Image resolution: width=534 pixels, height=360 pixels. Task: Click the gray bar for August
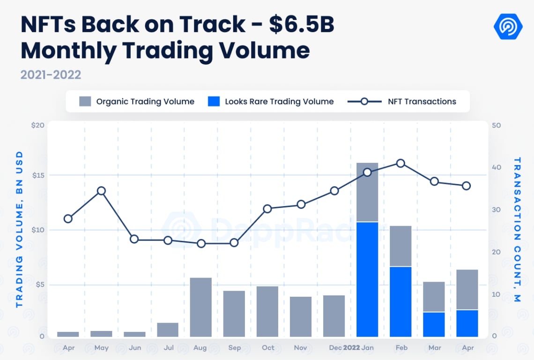tap(201, 307)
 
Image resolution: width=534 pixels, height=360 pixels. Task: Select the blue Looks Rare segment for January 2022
tap(367, 279)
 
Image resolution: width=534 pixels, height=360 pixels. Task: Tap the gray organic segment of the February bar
tap(400, 246)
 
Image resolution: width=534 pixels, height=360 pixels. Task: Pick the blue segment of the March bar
tap(434, 324)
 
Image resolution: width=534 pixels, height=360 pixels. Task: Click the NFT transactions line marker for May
tap(101, 191)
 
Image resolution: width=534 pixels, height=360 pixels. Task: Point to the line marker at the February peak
tap(400, 163)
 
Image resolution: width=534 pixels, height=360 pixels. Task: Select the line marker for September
tap(234, 243)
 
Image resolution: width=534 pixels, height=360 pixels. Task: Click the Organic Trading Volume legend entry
tap(136, 101)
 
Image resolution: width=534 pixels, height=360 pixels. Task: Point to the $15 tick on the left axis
tap(38, 175)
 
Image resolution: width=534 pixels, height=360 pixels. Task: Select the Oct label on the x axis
tap(268, 348)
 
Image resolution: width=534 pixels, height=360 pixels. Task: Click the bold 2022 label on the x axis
tap(351, 348)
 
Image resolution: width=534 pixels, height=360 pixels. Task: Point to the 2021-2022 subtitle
tap(51, 75)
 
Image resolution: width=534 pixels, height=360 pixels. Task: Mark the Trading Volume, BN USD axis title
tap(19, 229)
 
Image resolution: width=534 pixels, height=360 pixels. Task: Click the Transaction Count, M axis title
tap(517, 229)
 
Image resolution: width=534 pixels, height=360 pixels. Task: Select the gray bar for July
tap(168, 330)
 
